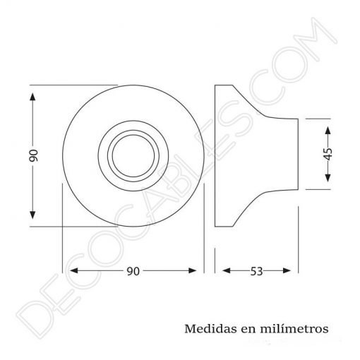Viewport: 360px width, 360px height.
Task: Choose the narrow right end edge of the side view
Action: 296,155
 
